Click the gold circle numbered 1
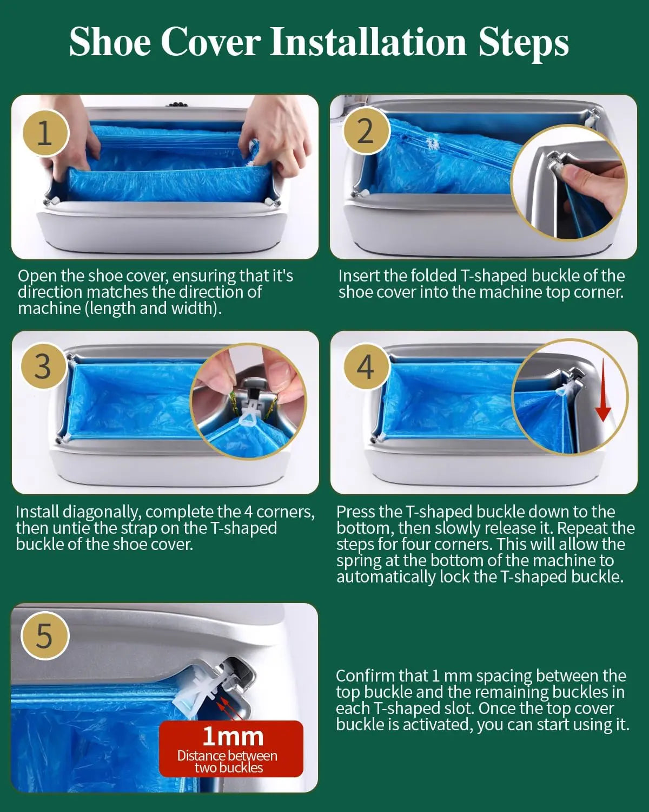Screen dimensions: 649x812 pyautogui.click(x=45, y=133)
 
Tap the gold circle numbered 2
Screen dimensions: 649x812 pyautogui.click(x=366, y=131)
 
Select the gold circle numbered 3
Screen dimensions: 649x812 pyautogui.click(x=43, y=366)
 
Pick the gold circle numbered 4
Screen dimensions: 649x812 pyautogui.click(x=366, y=366)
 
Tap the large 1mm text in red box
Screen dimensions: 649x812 pyautogui.click(x=233, y=736)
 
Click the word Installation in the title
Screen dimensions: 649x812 pyautogui.click(x=368, y=42)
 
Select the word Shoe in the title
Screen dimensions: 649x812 pyautogui.click(x=110, y=42)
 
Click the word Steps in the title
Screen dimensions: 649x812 pyautogui.click(x=524, y=44)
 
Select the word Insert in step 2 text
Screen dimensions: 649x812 pyautogui.click(x=359, y=276)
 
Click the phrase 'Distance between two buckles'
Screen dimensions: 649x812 pyautogui.click(x=228, y=762)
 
